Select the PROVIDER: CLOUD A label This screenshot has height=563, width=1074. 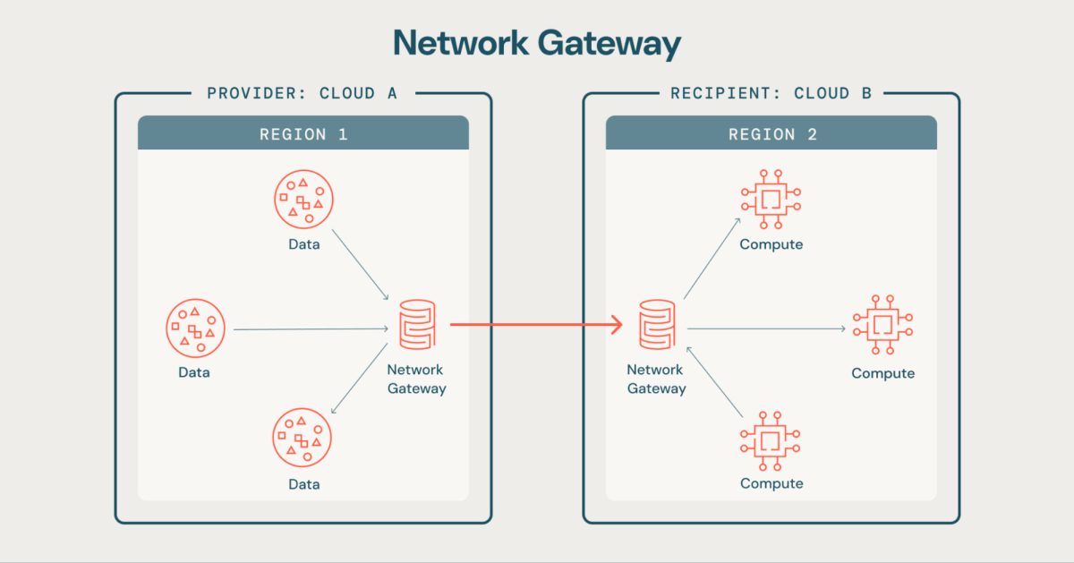[x=303, y=93]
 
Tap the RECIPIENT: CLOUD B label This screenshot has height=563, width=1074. [x=771, y=93]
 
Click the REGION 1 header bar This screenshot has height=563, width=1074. [x=303, y=133]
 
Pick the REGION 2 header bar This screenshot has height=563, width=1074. [x=771, y=133]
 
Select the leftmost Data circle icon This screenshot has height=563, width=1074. [x=195, y=328]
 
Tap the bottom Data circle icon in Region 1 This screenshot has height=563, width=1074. [x=303, y=439]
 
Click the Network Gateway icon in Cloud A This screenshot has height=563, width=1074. [x=416, y=325]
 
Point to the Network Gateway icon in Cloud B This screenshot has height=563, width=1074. [x=656, y=325]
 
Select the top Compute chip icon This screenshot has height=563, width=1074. [x=771, y=198]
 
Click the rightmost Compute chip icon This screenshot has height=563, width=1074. [x=882, y=325]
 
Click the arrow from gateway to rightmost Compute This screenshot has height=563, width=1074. [x=765, y=329]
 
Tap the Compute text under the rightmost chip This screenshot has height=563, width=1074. [x=882, y=373]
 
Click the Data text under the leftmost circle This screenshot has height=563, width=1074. [x=194, y=372]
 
